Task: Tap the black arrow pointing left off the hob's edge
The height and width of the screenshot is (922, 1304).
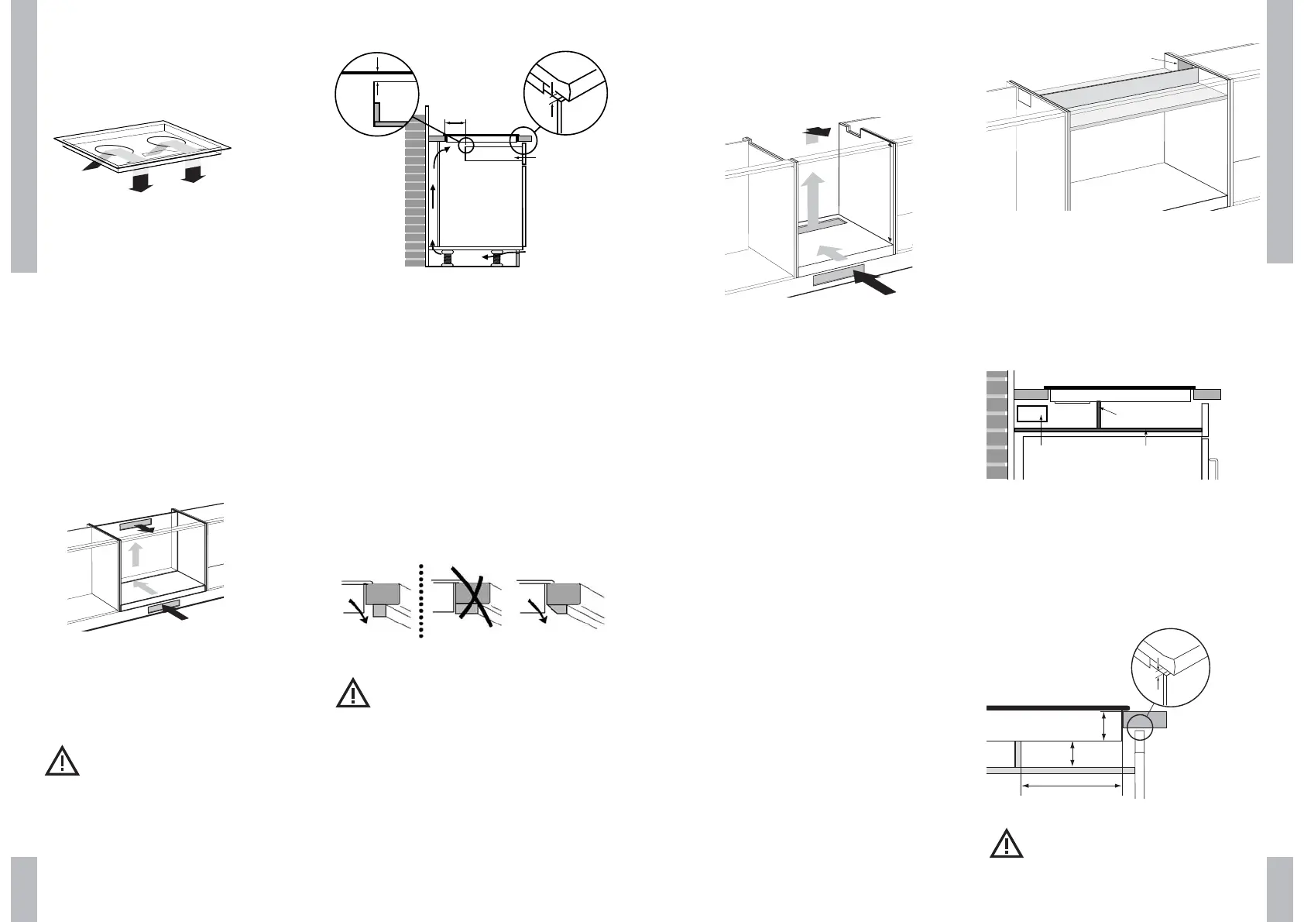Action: (x=92, y=165)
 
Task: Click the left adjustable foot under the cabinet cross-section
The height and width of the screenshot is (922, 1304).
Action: (x=448, y=257)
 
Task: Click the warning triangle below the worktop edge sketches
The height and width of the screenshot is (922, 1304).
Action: (x=353, y=693)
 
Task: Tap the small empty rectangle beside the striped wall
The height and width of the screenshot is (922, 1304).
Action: (x=1031, y=414)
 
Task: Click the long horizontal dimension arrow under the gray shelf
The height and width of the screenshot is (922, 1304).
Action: (x=1071, y=787)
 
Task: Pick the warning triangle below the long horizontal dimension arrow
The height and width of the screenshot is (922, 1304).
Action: (x=1007, y=844)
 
